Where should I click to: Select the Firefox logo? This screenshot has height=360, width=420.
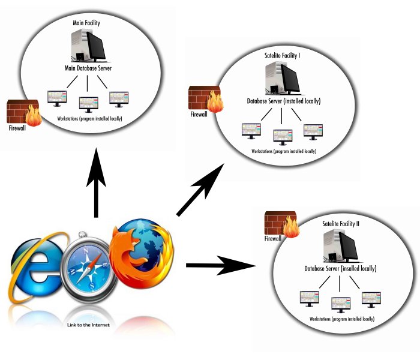tap(141, 252)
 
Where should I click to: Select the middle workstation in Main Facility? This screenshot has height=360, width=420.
tap(88, 101)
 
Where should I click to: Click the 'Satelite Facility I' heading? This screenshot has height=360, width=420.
tap(283, 55)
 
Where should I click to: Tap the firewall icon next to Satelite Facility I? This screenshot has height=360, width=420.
tap(205, 98)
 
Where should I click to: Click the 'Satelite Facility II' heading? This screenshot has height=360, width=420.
tap(340, 224)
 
